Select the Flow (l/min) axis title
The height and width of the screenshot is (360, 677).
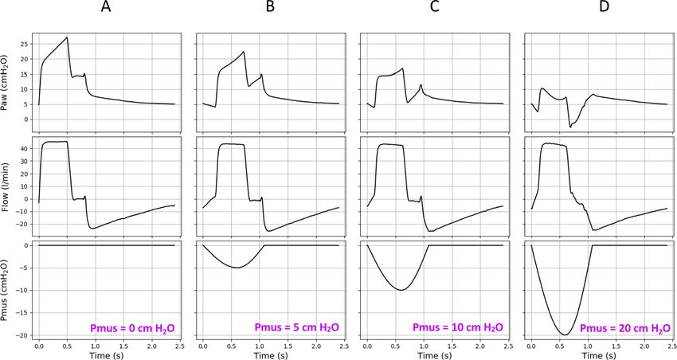tap(6, 186)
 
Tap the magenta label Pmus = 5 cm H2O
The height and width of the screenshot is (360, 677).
tap(295, 327)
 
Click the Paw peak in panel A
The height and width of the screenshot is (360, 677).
tap(68, 37)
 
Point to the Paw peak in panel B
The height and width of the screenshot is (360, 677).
tap(244, 53)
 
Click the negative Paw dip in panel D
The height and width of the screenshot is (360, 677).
tap(570, 127)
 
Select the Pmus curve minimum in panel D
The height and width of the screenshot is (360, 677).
tap(565, 335)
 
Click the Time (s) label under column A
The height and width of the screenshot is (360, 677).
tap(106, 354)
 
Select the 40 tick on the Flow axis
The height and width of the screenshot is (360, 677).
tap(27, 149)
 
